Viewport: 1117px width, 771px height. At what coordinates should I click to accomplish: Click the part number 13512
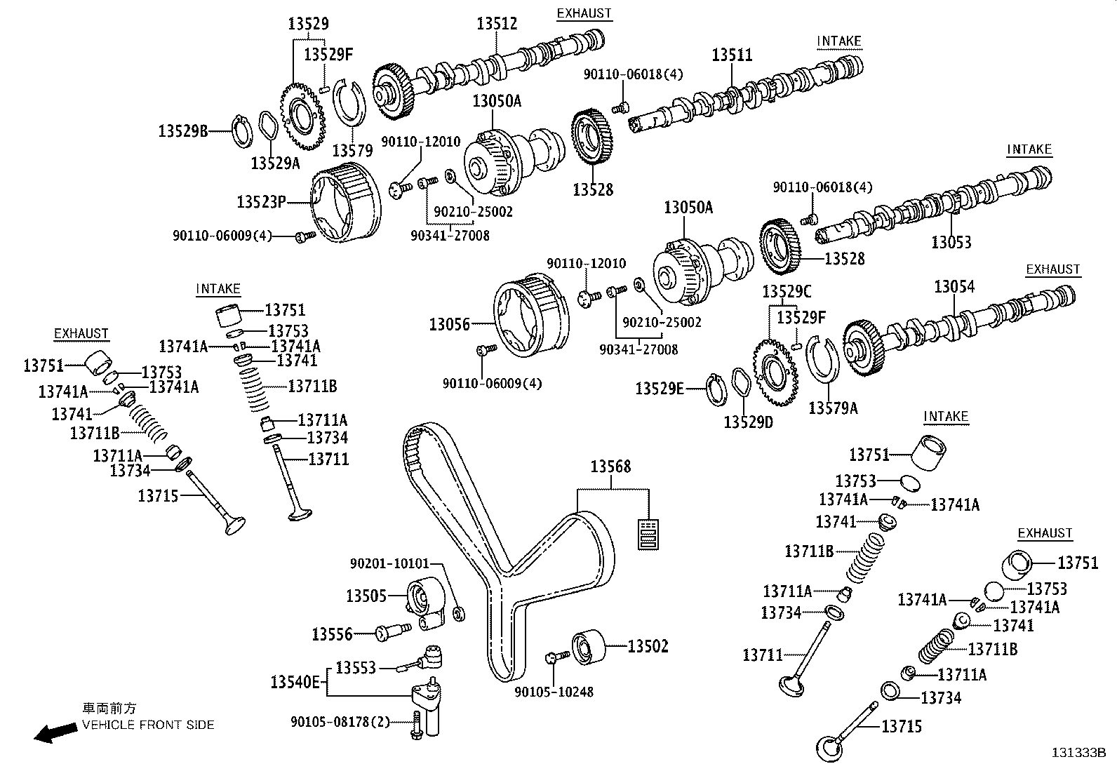click(497, 23)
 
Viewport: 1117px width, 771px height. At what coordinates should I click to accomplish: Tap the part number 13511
click(732, 55)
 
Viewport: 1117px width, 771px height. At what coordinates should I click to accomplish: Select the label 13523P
click(261, 202)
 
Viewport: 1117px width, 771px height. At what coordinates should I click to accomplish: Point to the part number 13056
click(450, 324)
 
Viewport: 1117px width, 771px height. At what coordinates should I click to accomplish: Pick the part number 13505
click(366, 596)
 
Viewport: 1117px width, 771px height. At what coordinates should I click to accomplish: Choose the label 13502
click(648, 646)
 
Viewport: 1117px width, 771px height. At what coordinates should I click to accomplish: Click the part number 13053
click(951, 243)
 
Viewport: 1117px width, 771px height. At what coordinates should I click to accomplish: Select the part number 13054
click(954, 286)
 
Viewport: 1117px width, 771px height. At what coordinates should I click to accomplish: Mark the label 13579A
click(833, 408)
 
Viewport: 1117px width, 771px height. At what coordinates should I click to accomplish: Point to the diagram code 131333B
click(1078, 753)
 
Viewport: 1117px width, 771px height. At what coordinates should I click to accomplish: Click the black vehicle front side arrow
click(56, 733)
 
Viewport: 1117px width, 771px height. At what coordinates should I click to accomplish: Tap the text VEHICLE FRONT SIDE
click(148, 725)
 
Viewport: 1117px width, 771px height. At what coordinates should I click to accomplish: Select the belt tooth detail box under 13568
click(649, 533)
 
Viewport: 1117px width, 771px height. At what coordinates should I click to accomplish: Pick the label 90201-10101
click(389, 563)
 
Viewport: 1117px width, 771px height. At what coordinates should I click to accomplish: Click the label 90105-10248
click(554, 692)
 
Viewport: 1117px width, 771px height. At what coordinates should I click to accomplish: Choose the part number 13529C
click(787, 291)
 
